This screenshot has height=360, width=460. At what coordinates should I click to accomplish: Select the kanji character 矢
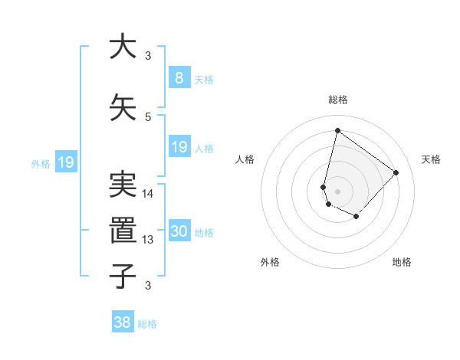(122, 106)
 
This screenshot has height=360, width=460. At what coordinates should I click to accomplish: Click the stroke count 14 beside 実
(148, 194)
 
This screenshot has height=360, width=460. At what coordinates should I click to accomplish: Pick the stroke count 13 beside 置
(148, 240)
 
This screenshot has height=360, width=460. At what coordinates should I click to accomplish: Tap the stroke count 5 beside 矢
(148, 117)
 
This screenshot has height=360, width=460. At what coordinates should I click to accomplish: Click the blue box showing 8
(179, 77)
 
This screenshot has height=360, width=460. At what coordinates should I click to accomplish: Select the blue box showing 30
(179, 231)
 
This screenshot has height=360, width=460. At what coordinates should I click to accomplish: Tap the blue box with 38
(122, 322)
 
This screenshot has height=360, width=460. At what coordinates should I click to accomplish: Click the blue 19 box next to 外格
(65, 162)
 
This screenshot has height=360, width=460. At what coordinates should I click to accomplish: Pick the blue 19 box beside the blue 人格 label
(179, 147)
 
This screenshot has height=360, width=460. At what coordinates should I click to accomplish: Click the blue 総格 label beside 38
(147, 324)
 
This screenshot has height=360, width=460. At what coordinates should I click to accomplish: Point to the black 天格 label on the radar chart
(432, 159)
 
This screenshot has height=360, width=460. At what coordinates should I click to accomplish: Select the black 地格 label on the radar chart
(402, 262)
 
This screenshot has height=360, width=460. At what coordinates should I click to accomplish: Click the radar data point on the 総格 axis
(337, 131)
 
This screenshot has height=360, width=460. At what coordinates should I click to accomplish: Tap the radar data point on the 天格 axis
(396, 172)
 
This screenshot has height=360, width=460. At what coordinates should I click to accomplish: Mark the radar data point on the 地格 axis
(356, 218)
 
